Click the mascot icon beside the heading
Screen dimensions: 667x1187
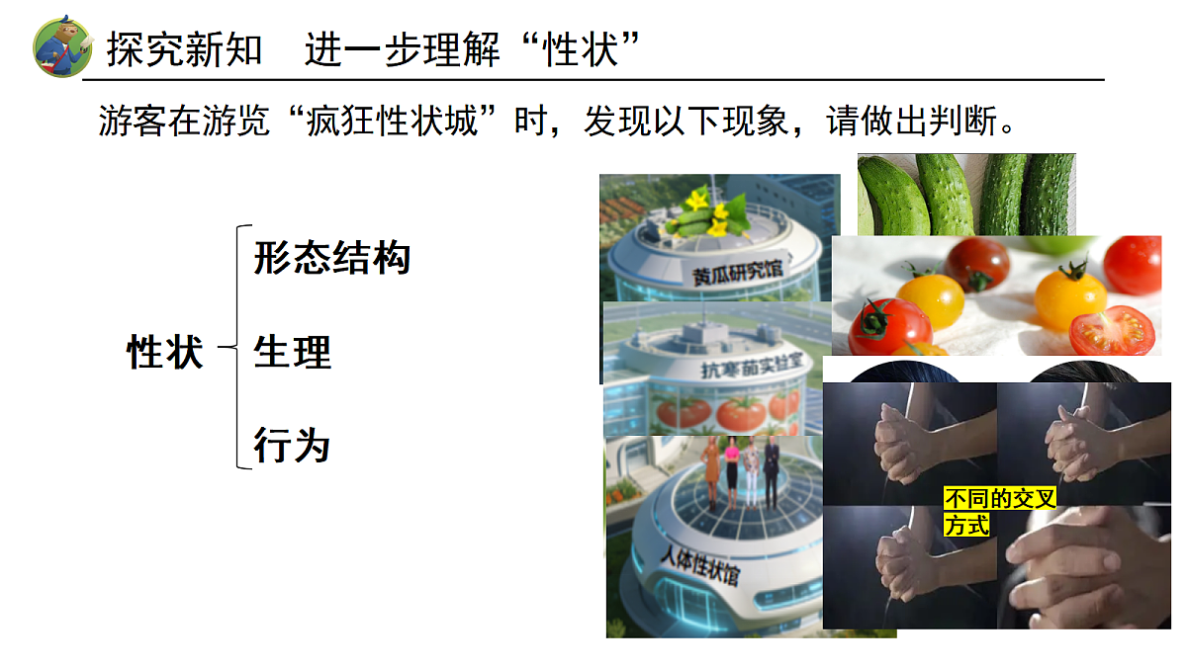click(62, 45)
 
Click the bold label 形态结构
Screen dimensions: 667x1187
click(331, 258)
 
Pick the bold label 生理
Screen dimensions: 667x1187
click(292, 352)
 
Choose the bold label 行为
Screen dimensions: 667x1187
click(292, 445)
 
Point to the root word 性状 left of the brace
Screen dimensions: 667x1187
click(165, 352)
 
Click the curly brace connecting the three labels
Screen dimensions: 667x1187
click(235, 347)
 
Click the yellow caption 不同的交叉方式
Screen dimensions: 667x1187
click(999, 511)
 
